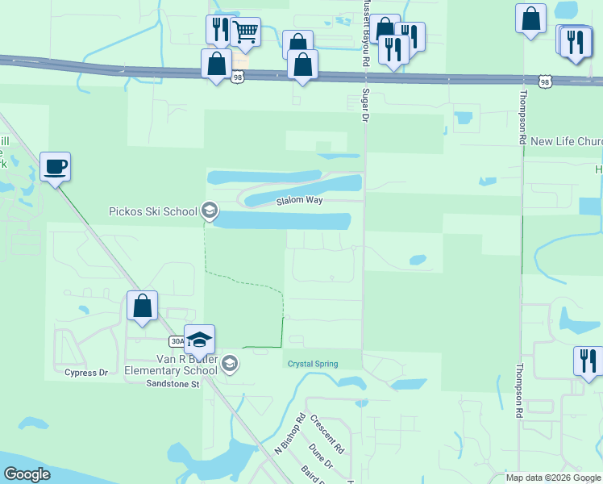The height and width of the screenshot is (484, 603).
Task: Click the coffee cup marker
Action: click(x=55, y=167)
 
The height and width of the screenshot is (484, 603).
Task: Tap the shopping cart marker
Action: click(x=245, y=33)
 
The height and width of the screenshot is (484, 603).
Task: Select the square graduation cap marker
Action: click(x=199, y=340)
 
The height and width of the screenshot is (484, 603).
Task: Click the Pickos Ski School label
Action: click(x=153, y=211)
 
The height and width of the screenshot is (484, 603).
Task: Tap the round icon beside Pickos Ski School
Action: click(x=210, y=211)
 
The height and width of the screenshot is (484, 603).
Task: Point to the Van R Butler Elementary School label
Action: click(x=170, y=364)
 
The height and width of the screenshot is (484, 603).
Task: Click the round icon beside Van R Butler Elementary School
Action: click(x=230, y=364)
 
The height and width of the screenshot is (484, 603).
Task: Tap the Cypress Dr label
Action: click(x=86, y=373)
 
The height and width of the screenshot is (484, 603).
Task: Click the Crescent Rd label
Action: click(x=327, y=434)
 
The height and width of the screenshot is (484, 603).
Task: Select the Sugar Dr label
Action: click(x=364, y=102)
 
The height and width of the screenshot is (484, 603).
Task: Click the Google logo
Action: click(x=27, y=474)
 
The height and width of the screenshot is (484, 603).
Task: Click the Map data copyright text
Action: click(x=553, y=478)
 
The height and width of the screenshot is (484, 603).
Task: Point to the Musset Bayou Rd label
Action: click(x=365, y=32)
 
